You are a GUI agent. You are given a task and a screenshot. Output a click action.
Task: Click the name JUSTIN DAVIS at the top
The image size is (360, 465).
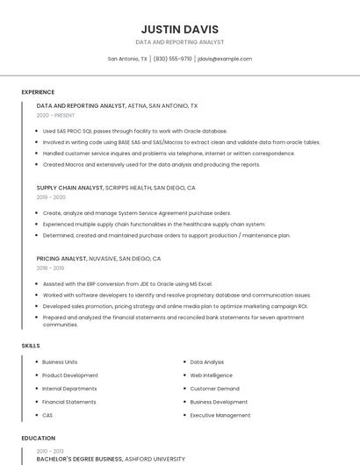click(x=179, y=29)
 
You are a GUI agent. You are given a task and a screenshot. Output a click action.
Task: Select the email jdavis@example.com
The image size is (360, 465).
click(x=225, y=59)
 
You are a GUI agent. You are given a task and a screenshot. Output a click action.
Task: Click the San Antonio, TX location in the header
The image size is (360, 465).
click(x=127, y=59)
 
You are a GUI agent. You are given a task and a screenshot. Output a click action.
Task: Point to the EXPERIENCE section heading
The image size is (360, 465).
click(x=38, y=92)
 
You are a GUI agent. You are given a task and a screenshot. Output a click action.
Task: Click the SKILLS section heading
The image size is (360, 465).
click(x=31, y=346)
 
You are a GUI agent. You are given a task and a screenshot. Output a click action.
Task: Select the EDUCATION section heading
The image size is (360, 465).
click(x=38, y=438)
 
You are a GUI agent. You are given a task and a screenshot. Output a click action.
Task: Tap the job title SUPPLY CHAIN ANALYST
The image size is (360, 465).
click(x=69, y=188)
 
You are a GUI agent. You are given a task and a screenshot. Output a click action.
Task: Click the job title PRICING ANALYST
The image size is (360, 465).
click(x=61, y=259)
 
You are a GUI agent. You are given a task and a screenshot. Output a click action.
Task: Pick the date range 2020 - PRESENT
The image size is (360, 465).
click(x=55, y=115)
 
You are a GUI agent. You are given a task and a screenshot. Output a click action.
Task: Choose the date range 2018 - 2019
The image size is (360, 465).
click(x=50, y=268)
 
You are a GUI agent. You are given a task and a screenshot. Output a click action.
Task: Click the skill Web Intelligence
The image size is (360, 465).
click(x=212, y=375)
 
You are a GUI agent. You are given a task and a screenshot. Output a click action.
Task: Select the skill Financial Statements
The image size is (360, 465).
click(x=69, y=402)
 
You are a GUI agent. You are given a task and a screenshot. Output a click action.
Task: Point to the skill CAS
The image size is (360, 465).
click(x=47, y=415)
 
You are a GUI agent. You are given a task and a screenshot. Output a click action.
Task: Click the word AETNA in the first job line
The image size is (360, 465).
click(x=138, y=105)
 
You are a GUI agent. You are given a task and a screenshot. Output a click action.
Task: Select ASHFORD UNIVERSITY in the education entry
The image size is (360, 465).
click(x=155, y=458)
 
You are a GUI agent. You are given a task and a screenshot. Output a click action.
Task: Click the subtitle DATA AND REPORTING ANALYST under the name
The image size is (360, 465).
click(x=179, y=42)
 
